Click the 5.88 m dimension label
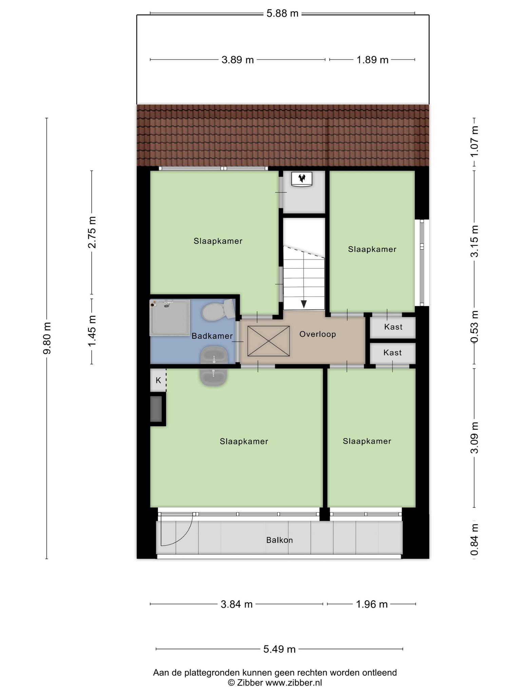click(x=282, y=14)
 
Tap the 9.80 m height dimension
click(x=47, y=338)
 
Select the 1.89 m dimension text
click(x=372, y=60)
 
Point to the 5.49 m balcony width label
click(x=279, y=649)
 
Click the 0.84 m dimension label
click(x=475, y=540)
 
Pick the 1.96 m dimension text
click(x=371, y=604)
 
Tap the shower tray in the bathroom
click(x=170, y=317)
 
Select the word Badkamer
click(x=212, y=336)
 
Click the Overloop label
click(x=317, y=334)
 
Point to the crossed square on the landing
click(x=269, y=341)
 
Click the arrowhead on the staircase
click(x=304, y=304)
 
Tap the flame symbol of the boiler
click(x=302, y=177)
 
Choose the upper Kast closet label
click(x=393, y=327)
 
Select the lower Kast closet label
click(x=392, y=353)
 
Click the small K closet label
click(x=158, y=380)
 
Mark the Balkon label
click(x=279, y=540)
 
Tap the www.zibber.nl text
click(x=293, y=683)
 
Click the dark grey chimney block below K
click(x=156, y=409)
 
